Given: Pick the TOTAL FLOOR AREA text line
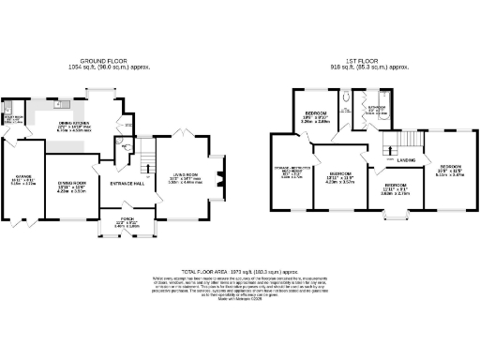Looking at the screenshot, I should [239, 270].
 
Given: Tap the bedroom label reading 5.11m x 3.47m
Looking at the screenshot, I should [452, 171].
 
